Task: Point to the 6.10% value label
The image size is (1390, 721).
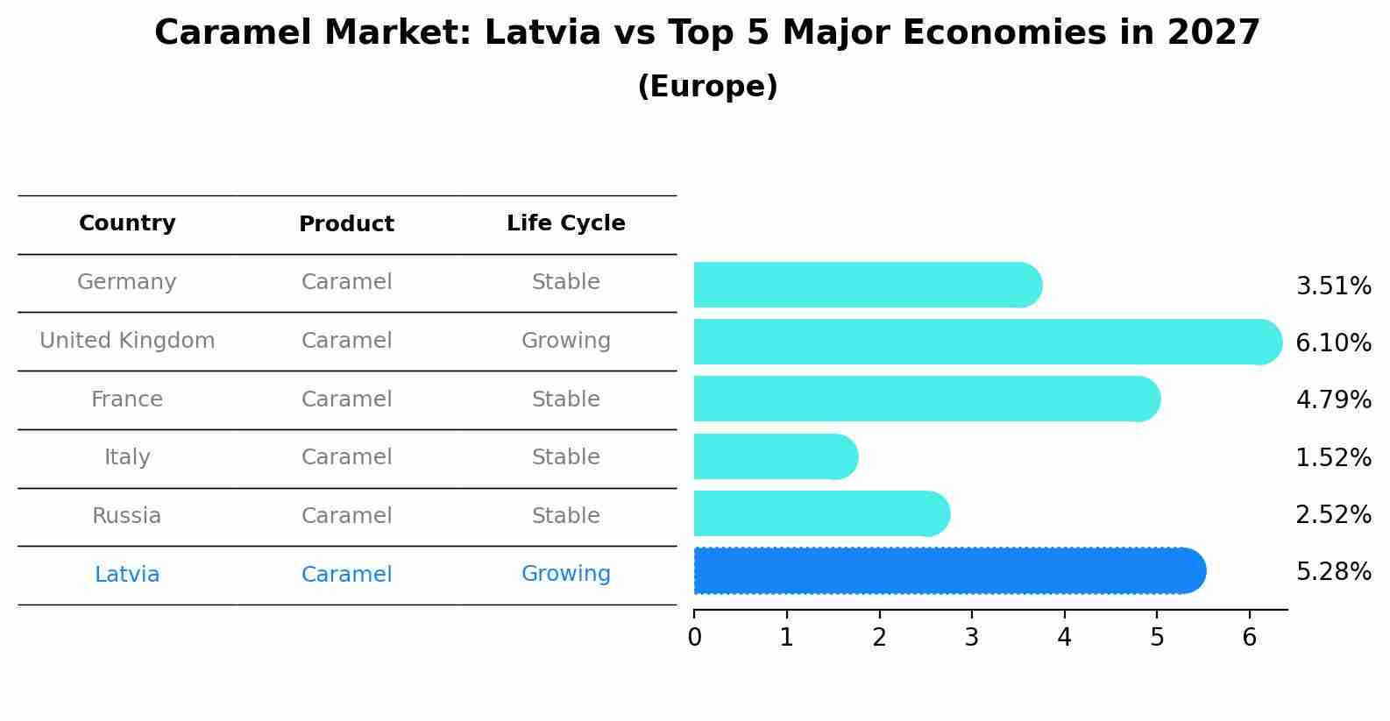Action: (x=1333, y=343)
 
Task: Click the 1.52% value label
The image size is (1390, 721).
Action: (x=1333, y=457)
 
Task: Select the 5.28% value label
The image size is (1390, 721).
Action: (x=1333, y=572)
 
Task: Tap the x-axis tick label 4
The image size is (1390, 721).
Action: (x=1064, y=638)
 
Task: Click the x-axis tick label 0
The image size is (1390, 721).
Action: (x=694, y=638)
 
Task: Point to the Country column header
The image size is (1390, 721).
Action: (x=127, y=223)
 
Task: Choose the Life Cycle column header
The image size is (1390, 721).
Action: (x=565, y=223)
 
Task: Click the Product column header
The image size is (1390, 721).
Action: (x=346, y=224)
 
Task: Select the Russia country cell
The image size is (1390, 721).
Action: (x=127, y=516)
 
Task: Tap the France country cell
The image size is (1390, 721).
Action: (x=127, y=399)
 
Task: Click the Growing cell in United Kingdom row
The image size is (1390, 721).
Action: (x=565, y=341)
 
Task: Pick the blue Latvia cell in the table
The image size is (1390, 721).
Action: (x=127, y=575)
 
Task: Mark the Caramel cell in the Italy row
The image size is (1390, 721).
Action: (x=346, y=457)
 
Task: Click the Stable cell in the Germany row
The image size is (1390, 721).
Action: (x=565, y=282)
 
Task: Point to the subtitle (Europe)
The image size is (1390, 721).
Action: (x=707, y=87)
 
